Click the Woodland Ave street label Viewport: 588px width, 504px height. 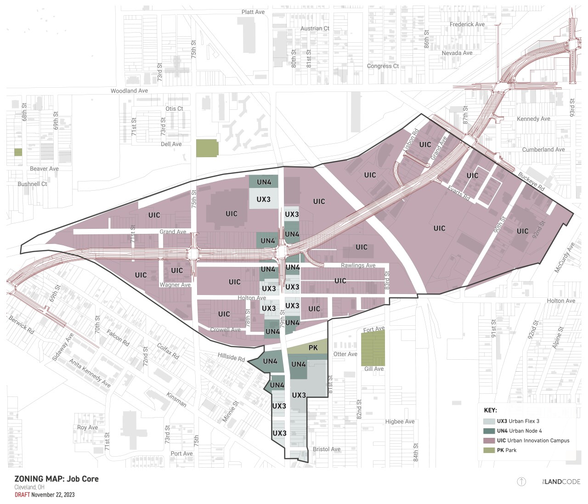click(x=129, y=91)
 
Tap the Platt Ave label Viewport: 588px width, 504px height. click(x=253, y=12)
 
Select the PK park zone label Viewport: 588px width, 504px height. click(x=313, y=348)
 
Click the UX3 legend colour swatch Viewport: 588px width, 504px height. click(x=489, y=421)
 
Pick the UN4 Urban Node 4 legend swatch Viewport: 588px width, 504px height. click(x=489, y=431)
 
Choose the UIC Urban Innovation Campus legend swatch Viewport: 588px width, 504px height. click(x=489, y=441)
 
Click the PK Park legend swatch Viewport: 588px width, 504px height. click(x=489, y=450)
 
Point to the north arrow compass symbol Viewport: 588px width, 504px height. click(x=521, y=481)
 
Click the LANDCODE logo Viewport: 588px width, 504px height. click(x=561, y=481)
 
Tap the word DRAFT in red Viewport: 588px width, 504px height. click(x=22, y=495)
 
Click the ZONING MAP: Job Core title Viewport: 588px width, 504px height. click(x=57, y=479)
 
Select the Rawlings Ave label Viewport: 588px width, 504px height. click(x=358, y=266)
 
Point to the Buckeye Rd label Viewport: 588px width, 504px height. click(x=531, y=181)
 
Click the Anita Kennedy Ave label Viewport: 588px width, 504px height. click(x=90, y=373)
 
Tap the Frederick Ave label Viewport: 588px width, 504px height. click(x=467, y=24)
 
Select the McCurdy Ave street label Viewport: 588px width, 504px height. click(x=564, y=258)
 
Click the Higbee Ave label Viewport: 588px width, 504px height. click(x=400, y=422)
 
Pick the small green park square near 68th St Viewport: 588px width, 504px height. click(x=18, y=152)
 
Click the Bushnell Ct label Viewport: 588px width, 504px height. click(x=32, y=184)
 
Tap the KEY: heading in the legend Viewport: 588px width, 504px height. click(x=490, y=410)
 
